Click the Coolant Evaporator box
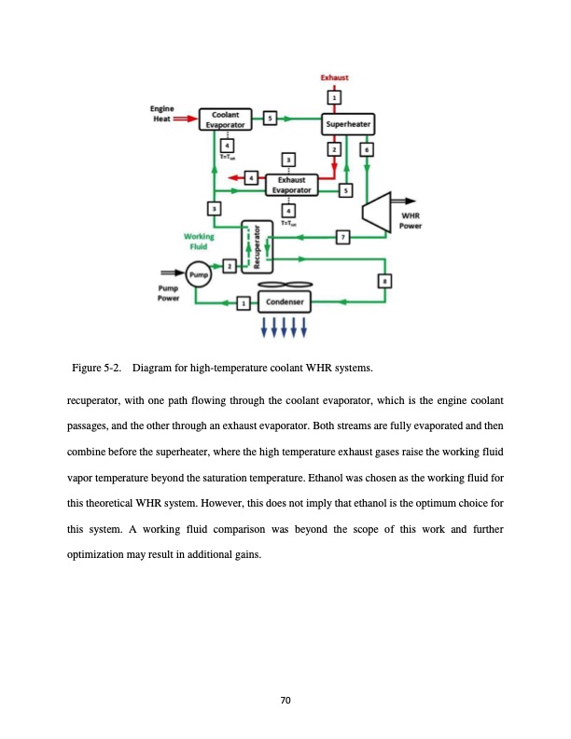(x=229, y=119)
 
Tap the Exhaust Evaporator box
(x=292, y=184)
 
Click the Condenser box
(x=282, y=302)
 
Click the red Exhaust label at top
(x=335, y=78)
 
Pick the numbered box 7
(x=343, y=238)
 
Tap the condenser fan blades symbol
(x=281, y=286)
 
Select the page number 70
(x=285, y=701)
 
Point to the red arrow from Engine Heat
(x=188, y=119)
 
